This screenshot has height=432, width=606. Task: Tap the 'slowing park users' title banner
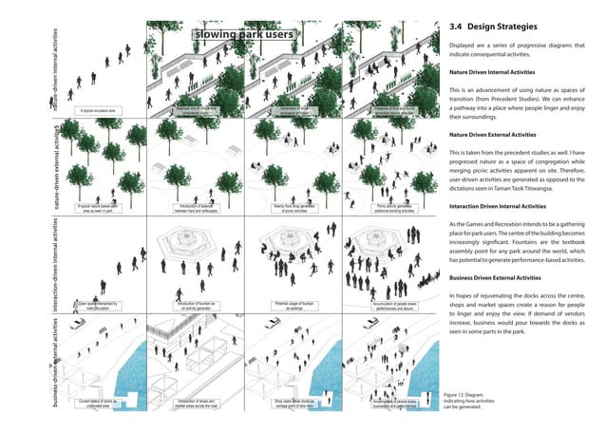tap(244, 36)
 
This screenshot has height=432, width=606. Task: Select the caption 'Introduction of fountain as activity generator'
tap(197, 306)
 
